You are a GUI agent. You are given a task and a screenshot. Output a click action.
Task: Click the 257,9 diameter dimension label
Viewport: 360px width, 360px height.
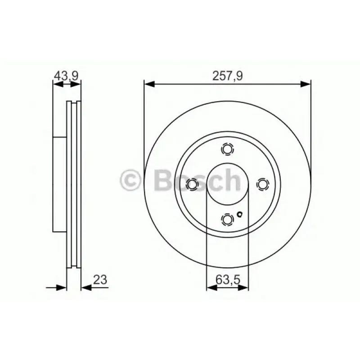point(227,76)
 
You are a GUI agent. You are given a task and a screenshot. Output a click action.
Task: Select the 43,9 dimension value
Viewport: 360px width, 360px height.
point(66,76)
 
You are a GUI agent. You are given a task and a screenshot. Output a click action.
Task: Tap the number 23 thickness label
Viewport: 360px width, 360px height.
point(100,280)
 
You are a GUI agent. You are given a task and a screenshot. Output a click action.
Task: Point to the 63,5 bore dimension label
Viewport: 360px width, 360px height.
point(228,280)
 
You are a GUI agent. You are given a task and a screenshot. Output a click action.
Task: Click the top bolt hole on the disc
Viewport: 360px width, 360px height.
point(228,149)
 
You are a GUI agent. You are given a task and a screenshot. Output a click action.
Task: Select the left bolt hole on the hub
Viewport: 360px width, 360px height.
point(192,184)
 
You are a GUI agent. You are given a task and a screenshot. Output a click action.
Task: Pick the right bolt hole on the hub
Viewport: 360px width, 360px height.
point(263,184)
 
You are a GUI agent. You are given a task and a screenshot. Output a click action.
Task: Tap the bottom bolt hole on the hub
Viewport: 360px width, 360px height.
point(228,220)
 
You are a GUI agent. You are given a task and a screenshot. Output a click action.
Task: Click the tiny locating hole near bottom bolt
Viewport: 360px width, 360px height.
point(239,215)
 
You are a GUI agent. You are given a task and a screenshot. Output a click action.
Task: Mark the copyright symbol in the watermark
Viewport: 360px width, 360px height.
point(130,180)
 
